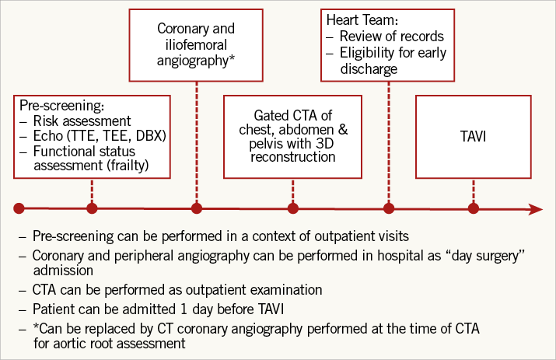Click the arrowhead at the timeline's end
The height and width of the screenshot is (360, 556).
(x=535, y=208)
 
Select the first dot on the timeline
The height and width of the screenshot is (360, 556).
(x=19, y=208)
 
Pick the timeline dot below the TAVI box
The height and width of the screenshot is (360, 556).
(x=473, y=208)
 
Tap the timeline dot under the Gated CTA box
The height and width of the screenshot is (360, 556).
(x=292, y=208)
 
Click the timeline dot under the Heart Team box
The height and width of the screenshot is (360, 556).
(x=389, y=208)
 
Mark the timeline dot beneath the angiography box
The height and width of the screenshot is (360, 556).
(x=196, y=208)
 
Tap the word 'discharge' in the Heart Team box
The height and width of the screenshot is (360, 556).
(x=369, y=69)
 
